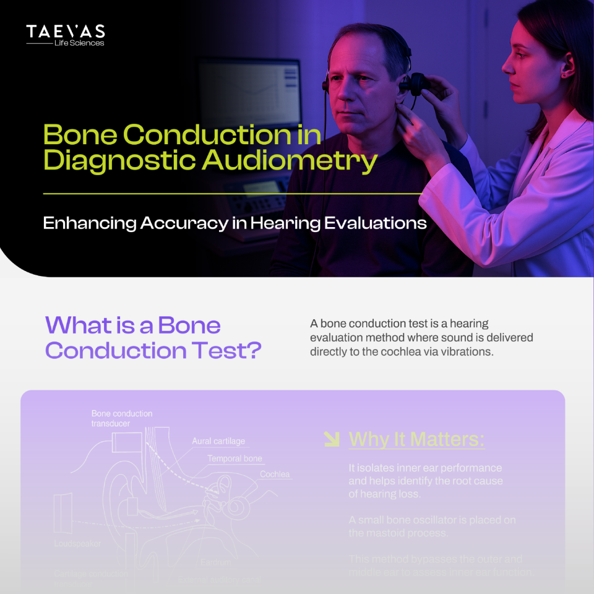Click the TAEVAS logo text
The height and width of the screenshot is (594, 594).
click(65, 32)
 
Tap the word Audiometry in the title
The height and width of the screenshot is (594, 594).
click(290, 160)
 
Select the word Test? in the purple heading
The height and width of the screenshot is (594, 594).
click(228, 350)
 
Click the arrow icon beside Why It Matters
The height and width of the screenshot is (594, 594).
click(332, 439)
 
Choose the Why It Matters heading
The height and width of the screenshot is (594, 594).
click(416, 439)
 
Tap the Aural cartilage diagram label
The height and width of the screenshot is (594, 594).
click(218, 441)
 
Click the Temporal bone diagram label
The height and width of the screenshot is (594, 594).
click(235, 458)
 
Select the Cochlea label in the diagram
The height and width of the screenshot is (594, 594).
click(275, 475)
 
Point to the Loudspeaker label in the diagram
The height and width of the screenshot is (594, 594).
click(77, 543)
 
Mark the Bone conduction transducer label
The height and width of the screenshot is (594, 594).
click(121, 418)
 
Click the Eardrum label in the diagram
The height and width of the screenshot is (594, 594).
click(216, 562)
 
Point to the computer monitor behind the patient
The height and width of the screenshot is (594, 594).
click(250, 93)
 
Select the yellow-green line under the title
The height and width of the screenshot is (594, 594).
click(232, 194)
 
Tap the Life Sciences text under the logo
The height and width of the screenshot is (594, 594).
click(79, 43)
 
